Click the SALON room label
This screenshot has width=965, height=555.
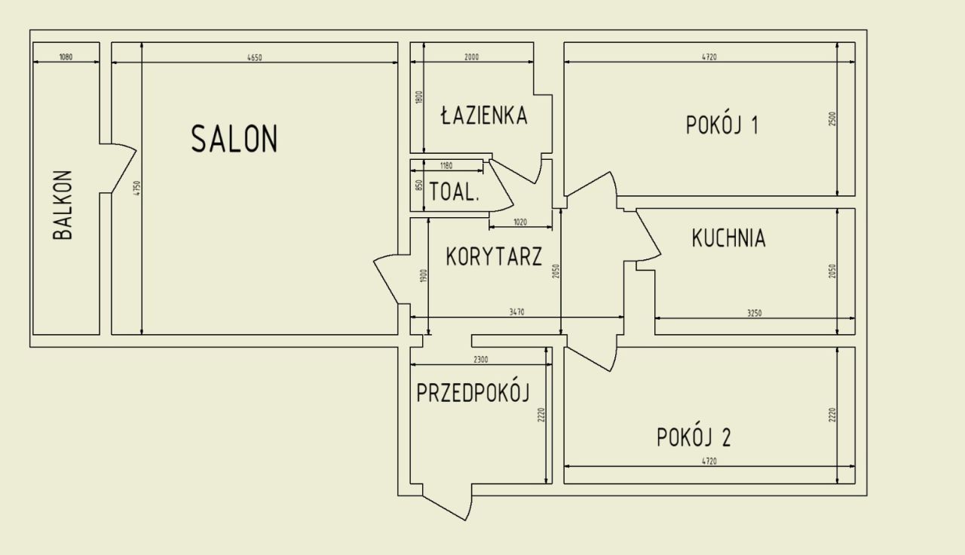(234, 139)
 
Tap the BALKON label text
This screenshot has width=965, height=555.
(63, 204)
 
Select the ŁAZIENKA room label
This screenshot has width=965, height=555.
(484, 115)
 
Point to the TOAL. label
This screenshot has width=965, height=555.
(455, 192)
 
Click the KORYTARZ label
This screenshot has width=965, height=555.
(494, 256)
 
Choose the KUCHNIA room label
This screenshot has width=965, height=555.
(729, 238)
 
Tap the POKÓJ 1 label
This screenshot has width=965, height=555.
(722, 125)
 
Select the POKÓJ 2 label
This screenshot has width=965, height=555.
(694, 437)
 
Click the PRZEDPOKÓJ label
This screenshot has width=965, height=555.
(473, 393)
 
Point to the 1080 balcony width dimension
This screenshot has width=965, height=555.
(66, 57)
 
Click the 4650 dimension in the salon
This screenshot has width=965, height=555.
(255, 57)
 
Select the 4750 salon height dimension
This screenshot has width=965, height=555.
(137, 189)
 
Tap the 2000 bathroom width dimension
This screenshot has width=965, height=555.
(472, 57)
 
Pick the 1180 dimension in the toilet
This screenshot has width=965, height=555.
(446, 165)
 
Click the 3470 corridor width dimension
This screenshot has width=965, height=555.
(517, 312)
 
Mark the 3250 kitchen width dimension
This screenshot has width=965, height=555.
(755, 313)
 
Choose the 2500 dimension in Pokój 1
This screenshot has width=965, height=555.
(832, 119)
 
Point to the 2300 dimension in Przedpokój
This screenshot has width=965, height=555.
(481, 360)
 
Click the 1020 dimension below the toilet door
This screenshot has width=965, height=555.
(520, 222)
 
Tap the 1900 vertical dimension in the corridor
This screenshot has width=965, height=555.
(424, 276)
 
